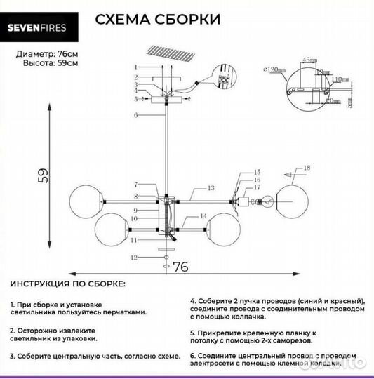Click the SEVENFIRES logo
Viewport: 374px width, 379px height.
click(46, 29)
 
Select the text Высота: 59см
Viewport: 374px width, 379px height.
click(44, 62)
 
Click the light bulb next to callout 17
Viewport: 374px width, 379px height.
click(262, 201)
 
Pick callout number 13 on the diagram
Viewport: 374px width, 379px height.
click(210, 188)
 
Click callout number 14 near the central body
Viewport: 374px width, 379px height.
click(202, 216)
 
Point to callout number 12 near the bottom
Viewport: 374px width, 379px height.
click(134, 258)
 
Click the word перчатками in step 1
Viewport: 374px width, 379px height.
click(123, 312)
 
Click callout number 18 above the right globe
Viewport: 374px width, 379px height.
click(306, 168)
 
